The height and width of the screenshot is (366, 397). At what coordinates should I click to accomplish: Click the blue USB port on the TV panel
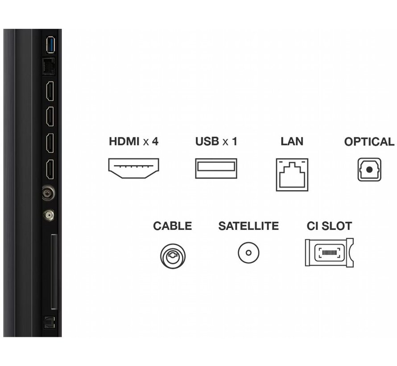pyautogui.click(x=50, y=44)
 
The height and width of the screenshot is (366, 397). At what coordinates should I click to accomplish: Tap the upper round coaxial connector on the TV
pyautogui.click(x=47, y=193)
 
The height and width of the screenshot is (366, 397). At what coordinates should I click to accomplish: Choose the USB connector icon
pyautogui.click(x=216, y=169)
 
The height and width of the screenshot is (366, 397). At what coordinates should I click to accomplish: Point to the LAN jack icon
pyautogui.click(x=292, y=174)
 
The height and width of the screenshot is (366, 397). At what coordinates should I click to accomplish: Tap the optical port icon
pyautogui.click(x=369, y=170)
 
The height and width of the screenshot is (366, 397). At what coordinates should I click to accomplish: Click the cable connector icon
pyautogui.click(x=173, y=255)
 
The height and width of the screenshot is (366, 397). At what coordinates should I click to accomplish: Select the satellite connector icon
pyautogui.click(x=248, y=253)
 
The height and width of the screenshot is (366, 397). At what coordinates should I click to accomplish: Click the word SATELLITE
pyautogui.click(x=248, y=226)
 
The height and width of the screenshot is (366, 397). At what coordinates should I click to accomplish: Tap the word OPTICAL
pyautogui.click(x=369, y=142)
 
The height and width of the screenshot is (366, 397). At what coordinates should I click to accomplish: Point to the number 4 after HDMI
pyautogui.click(x=155, y=142)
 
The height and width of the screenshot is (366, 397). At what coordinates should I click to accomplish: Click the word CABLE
pyautogui.click(x=173, y=226)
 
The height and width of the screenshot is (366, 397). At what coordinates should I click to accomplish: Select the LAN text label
pyautogui.click(x=292, y=142)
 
